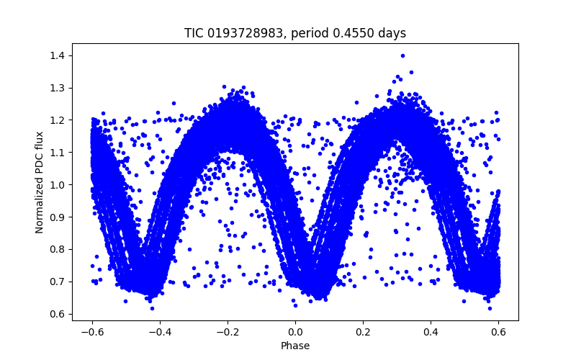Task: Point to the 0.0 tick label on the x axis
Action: pos(295,332)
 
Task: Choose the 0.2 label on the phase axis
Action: pos(363,332)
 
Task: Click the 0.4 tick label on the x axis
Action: pos(431,332)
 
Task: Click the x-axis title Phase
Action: pos(295,346)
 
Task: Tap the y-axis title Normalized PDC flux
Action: pos(40,182)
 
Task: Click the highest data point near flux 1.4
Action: pos(402,55)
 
